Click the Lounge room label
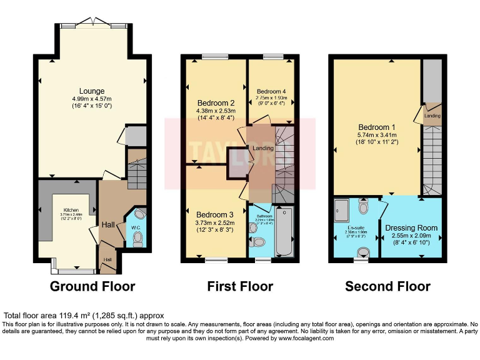(91, 91)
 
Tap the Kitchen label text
(71, 210)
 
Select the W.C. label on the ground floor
(135, 227)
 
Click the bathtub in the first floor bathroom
(286, 231)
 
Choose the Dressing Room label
(411, 227)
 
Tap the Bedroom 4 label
(271, 91)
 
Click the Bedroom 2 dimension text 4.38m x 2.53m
(216, 111)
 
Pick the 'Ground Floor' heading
(92, 287)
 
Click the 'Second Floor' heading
(388, 287)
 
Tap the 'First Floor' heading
(240, 287)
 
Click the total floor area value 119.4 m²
(70, 316)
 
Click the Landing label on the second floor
(432, 115)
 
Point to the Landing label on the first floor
(263, 148)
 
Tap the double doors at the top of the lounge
(92, 24)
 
